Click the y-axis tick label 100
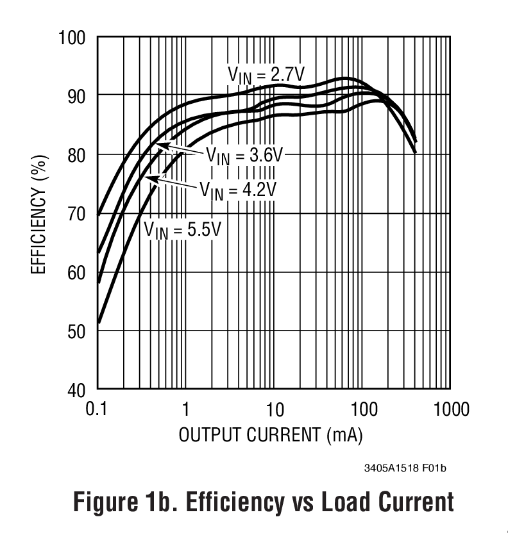click(x=72, y=37)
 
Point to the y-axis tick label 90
click(x=76, y=95)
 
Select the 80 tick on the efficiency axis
click(x=76, y=154)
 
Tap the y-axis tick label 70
click(x=76, y=213)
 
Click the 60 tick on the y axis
click(x=76, y=272)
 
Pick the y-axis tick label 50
click(x=76, y=331)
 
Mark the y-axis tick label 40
click(x=76, y=389)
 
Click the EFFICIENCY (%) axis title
click(x=38, y=213)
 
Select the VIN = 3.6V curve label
click(x=244, y=155)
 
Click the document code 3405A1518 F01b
click(x=405, y=468)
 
